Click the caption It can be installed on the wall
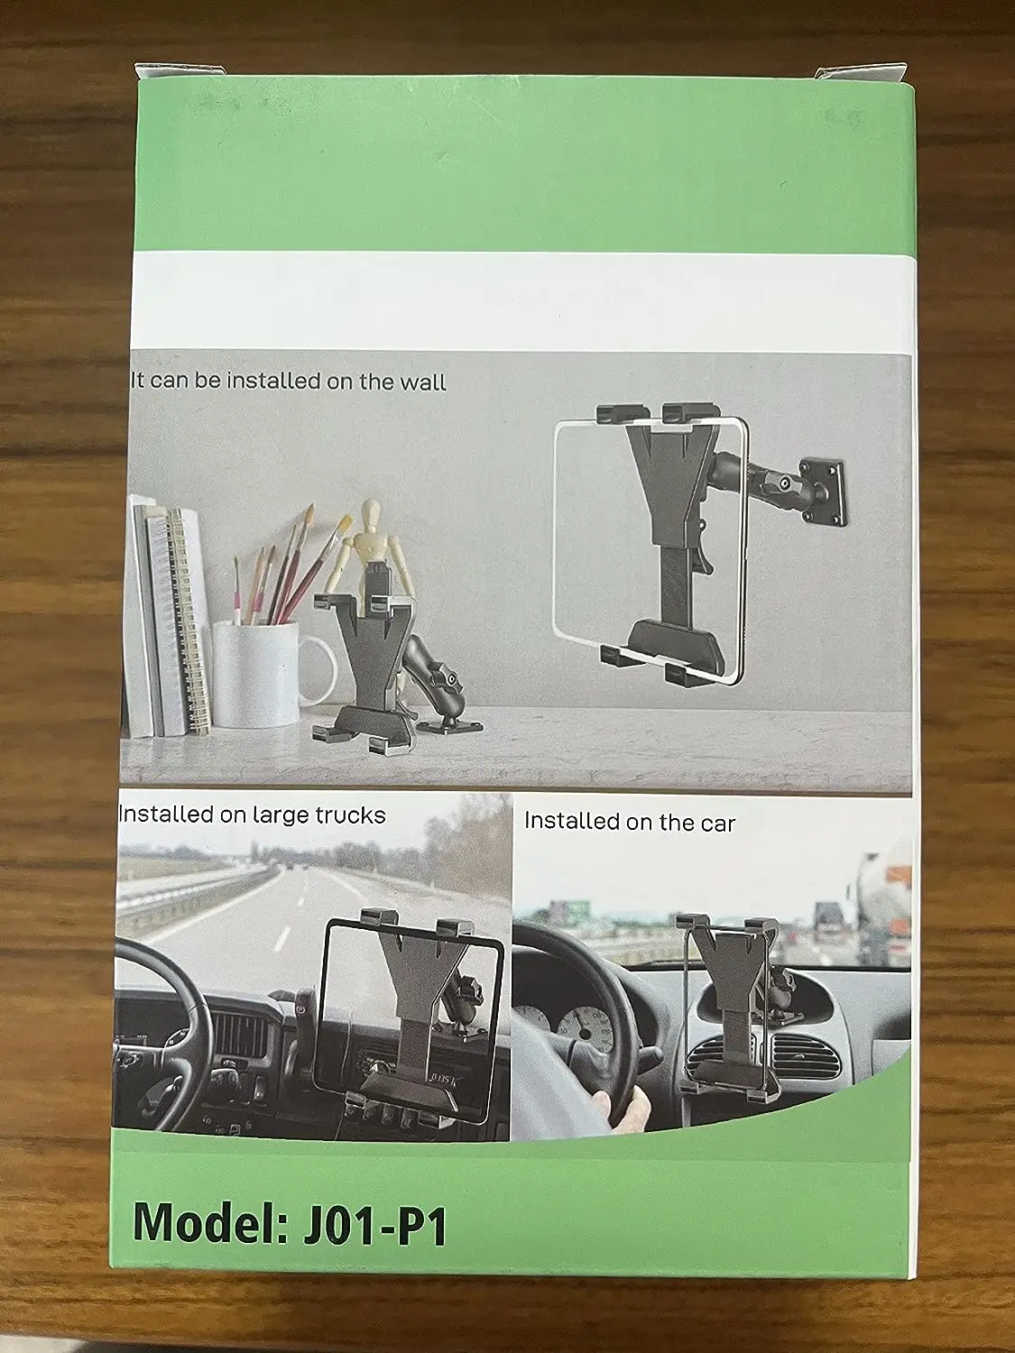click(289, 381)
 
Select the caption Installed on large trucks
click(253, 815)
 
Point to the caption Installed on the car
click(630, 822)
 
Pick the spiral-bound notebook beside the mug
click(189, 622)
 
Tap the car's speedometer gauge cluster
click(577, 1019)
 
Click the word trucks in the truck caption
click(350, 815)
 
